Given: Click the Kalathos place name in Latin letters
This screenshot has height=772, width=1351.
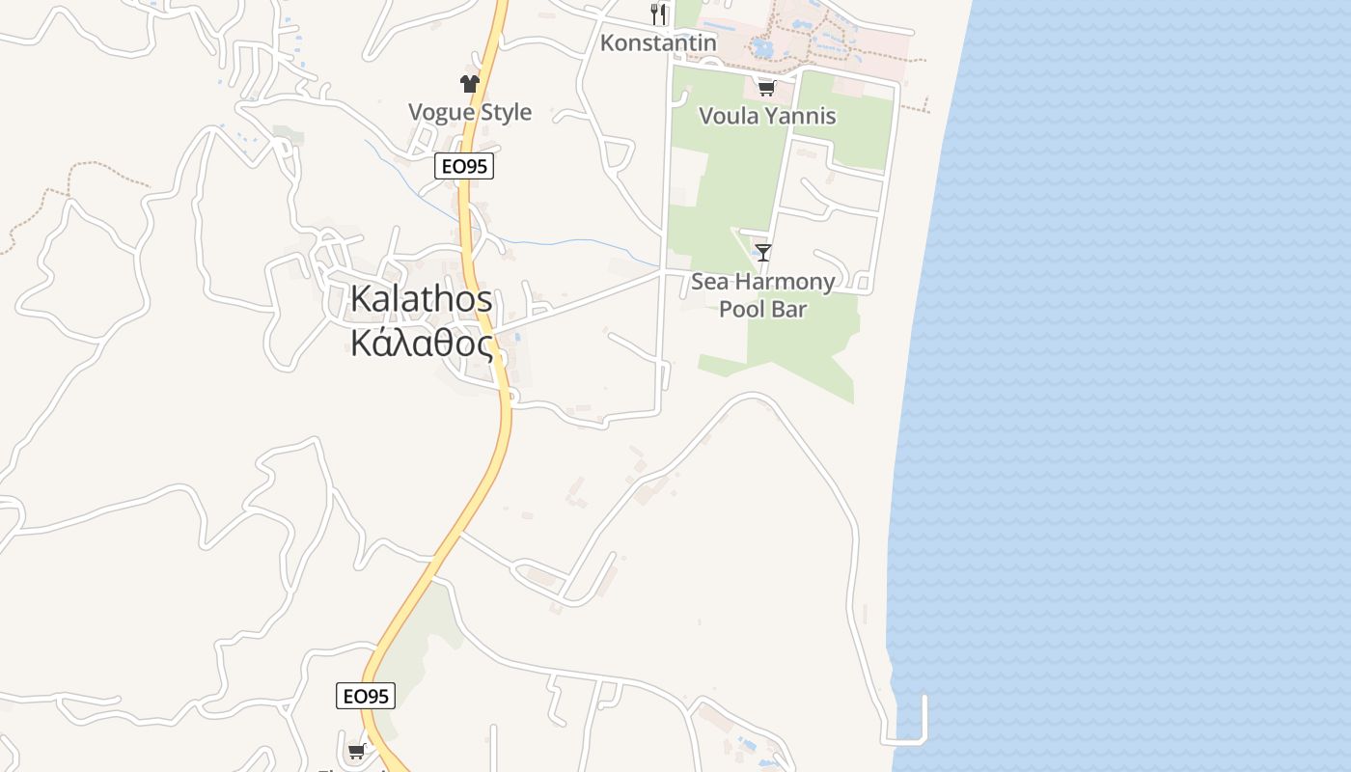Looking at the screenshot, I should pyautogui.click(x=421, y=299).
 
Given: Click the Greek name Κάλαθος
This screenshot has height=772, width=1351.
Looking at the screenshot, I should pyautogui.click(x=421, y=343).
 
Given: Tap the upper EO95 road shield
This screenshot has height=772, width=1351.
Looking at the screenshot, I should pyautogui.click(x=464, y=166).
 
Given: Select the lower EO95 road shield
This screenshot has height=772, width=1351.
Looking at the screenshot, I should pyautogui.click(x=366, y=696).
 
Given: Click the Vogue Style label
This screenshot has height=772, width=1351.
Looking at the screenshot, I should pyautogui.click(x=470, y=112).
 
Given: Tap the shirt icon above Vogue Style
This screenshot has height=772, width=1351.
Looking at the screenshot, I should pyautogui.click(x=470, y=84).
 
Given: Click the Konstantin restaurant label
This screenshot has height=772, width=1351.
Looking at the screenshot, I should pyautogui.click(x=658, y=42).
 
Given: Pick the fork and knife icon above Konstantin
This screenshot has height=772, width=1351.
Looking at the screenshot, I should pyautogui.click(x=658, y=14).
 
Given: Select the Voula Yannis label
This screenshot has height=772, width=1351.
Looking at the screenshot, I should pyautogui.click(x=767, y=116).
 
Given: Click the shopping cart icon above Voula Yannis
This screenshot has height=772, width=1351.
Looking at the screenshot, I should pyautogui.click(x=766, y=89).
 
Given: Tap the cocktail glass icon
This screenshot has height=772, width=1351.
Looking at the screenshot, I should pyautogui.click(x=763, y=253).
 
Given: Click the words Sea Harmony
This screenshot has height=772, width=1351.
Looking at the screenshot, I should pyautogui.click(x=762, y=282).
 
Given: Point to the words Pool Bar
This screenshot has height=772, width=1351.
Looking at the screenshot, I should pyautogui.click(x=762, y=309).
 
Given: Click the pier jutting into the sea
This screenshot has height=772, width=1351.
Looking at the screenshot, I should pyautogui.click(x=924, y=719).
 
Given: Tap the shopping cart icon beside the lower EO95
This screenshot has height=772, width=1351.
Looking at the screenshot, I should pyautogui.click(x=356, y=751).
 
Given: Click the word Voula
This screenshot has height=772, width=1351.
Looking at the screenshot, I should pyautogui.click(x=727, y=116).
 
